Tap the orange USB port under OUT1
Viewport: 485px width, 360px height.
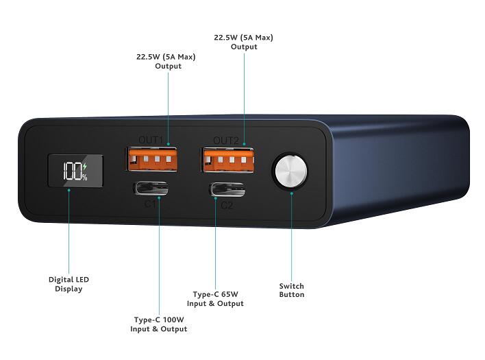(151, 159)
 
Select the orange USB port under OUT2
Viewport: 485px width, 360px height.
(228, 160)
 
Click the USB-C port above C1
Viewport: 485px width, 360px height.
(151, 188)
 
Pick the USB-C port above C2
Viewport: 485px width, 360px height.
(227, 189)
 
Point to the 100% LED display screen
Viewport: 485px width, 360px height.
(75, 171)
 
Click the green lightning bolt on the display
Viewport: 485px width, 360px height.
(84, 167)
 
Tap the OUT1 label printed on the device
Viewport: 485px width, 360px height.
(150, 140)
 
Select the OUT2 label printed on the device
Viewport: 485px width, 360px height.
(226, 141)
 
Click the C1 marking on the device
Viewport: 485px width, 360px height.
(150, 204)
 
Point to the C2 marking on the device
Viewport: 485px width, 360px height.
(227, 205)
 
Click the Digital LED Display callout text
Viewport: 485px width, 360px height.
(69, 284)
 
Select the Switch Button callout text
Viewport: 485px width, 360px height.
(292, 290)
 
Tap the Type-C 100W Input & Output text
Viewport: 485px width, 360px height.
(159, 324)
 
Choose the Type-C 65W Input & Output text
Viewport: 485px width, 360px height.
(215, 299)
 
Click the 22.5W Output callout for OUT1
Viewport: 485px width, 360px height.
(166, 61)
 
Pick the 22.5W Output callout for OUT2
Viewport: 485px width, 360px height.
(244, 42)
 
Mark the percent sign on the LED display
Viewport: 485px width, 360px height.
(85, 178)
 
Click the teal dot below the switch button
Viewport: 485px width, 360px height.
(292, 193)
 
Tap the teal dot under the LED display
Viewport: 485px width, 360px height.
(69, 190)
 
